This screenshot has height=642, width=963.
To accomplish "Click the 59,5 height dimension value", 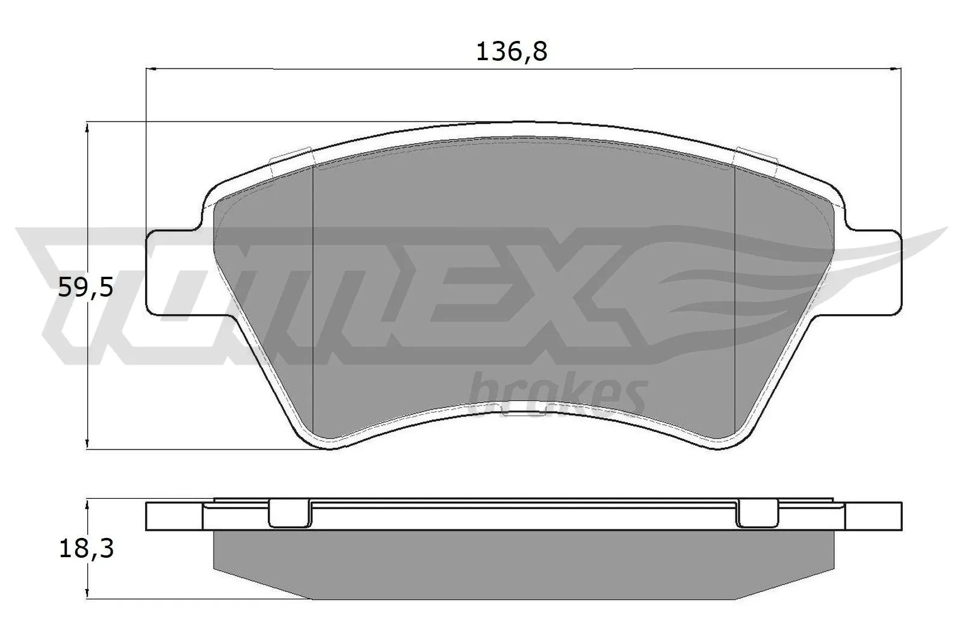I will (85, 289).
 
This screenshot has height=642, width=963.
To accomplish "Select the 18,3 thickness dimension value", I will (86, 549).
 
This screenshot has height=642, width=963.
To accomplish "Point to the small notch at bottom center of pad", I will (524, 411).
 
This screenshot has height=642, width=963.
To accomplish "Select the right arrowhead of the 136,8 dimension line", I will (897, 69).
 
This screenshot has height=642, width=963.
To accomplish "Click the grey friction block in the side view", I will (524, 563).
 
